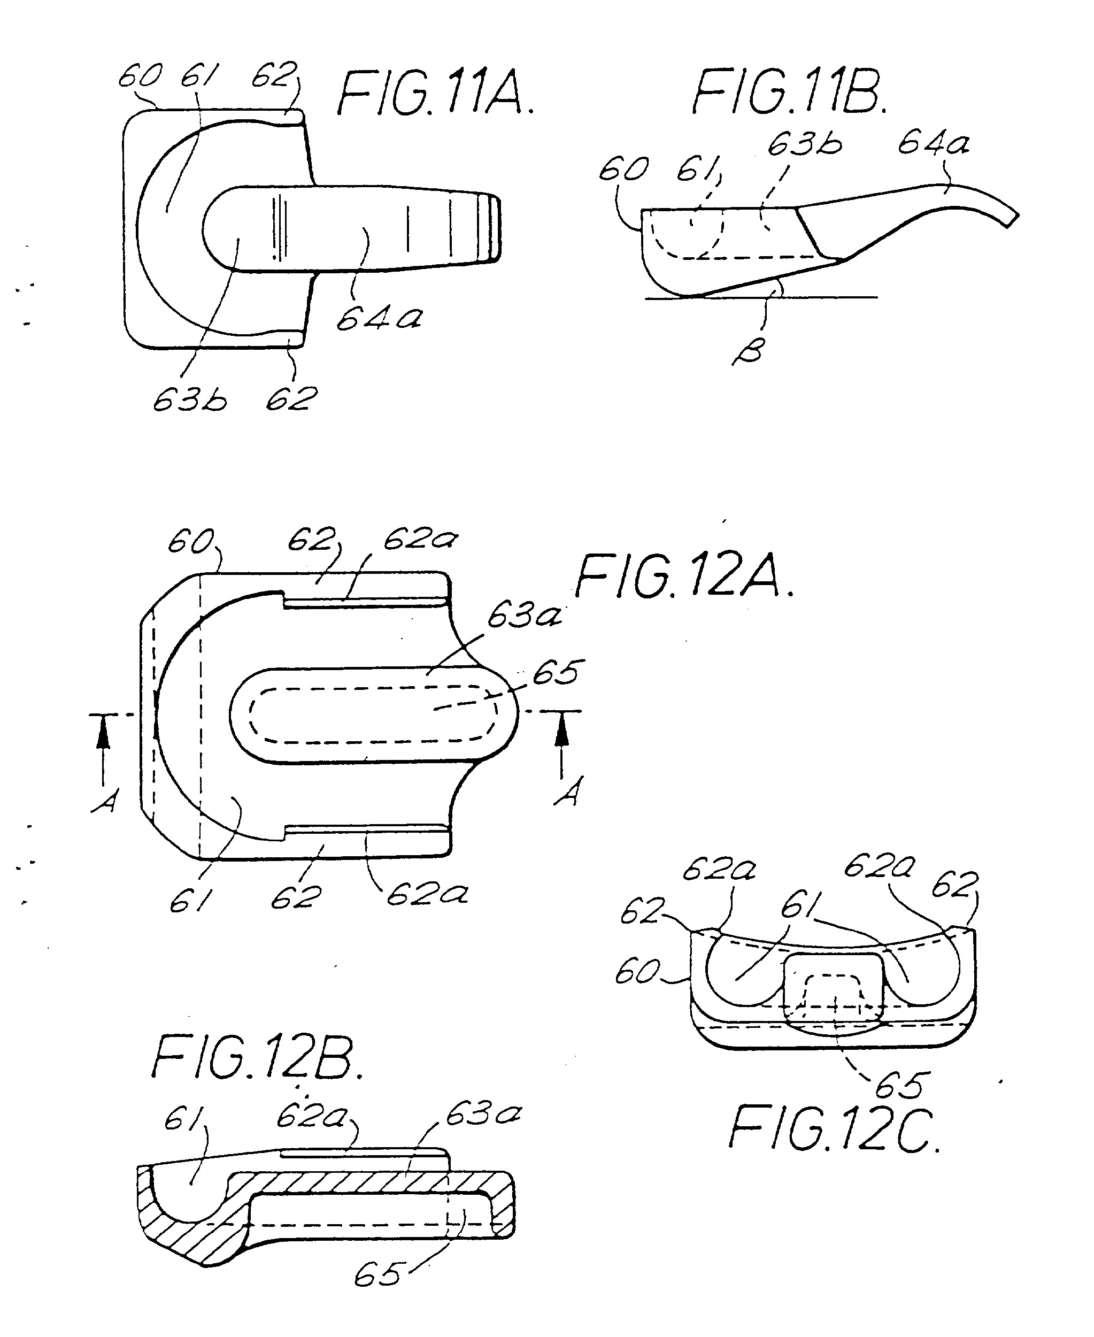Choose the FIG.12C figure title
(834, 1131)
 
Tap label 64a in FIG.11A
(379, 318)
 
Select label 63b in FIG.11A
(190, 399)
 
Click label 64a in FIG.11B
(933, 144)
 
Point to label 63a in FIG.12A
(523, 614)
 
